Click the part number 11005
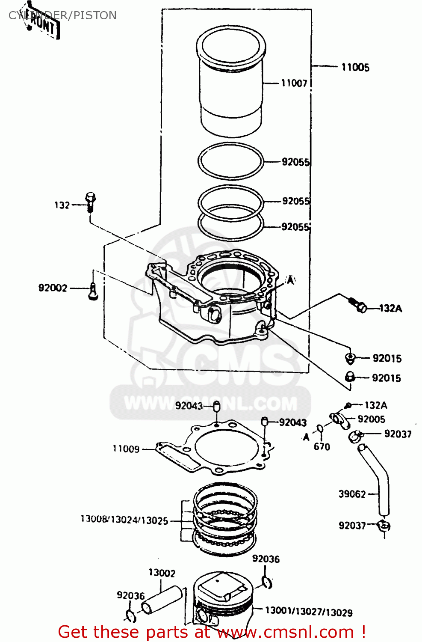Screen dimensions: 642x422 [355, 67]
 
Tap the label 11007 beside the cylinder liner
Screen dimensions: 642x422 [294, 83]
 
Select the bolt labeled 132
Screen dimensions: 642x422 [90, 203]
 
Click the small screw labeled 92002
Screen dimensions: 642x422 [93, 292]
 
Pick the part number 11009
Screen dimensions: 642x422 [126, 449]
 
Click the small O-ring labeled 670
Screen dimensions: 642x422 [320, 429]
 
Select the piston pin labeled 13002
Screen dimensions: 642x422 [162, 599]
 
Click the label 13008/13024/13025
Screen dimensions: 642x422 [124, 520]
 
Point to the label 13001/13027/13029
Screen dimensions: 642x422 [309, 612]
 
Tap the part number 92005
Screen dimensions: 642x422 [371, 419]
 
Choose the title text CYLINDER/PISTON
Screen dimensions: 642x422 [62, 15]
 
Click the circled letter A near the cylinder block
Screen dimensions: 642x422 [290, 280]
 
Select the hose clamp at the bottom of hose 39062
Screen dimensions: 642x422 [384, 525]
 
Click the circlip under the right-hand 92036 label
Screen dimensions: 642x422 [267, 582]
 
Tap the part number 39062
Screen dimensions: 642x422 [352, 494]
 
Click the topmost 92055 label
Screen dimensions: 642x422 [295, 162]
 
